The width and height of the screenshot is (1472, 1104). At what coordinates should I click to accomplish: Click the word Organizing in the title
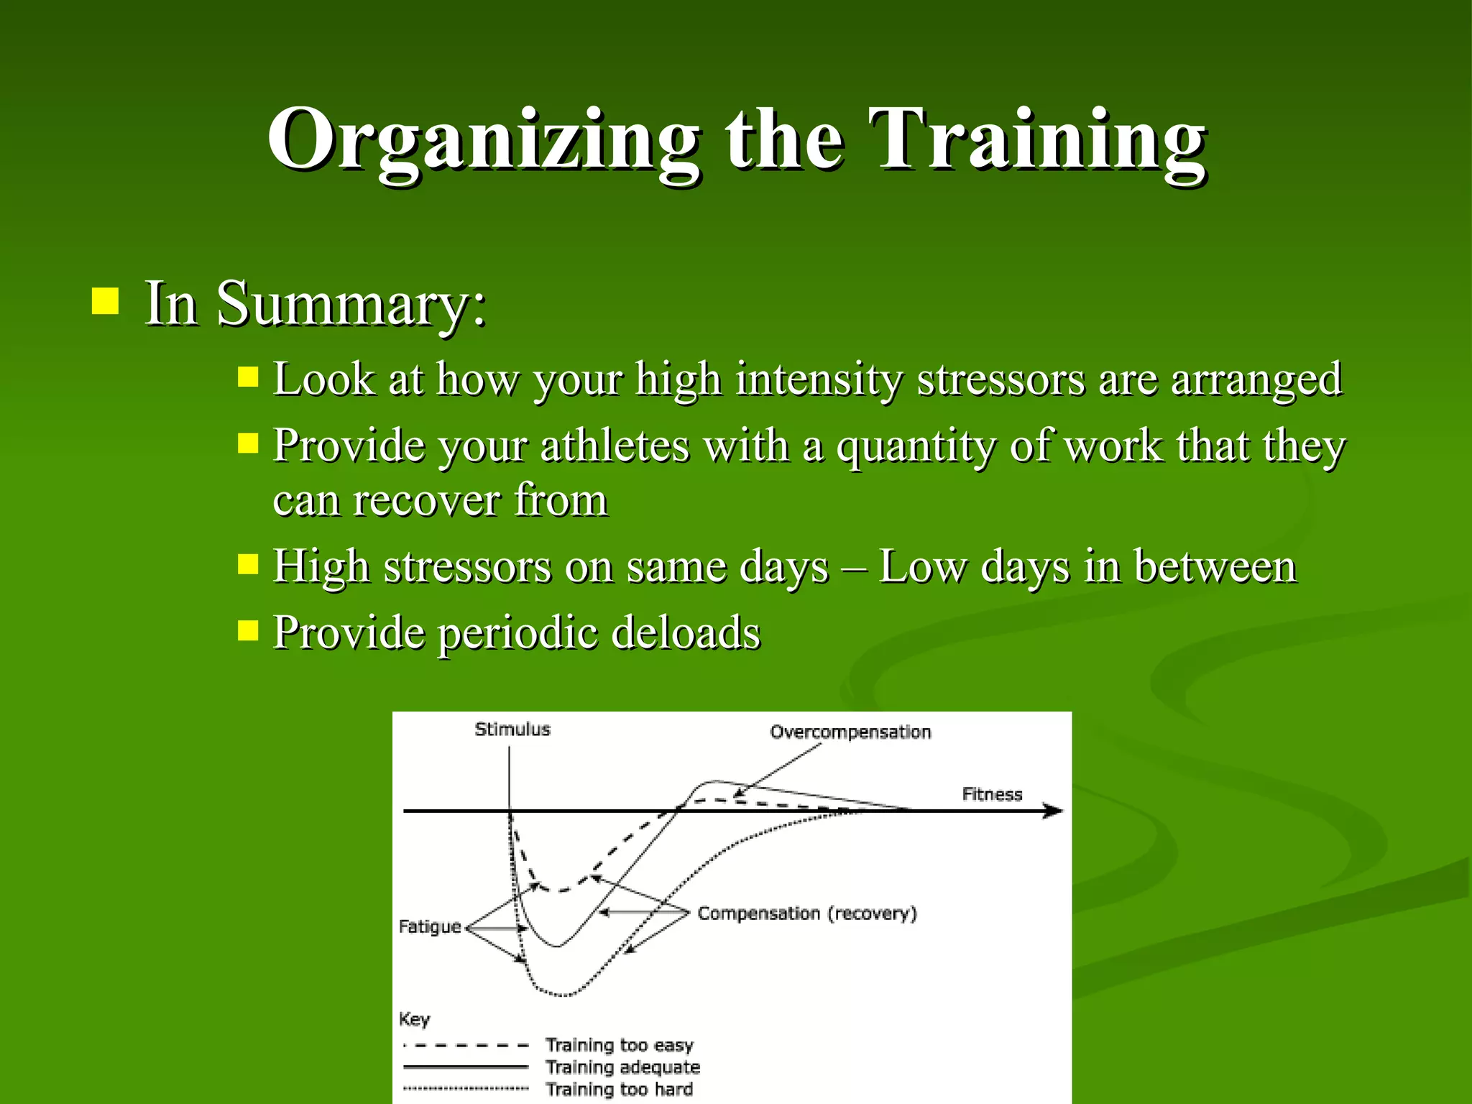click(483, 140)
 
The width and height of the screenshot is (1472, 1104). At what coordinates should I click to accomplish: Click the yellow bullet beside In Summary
click(105, 302)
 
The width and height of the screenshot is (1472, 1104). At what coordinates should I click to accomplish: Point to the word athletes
click(615, 446)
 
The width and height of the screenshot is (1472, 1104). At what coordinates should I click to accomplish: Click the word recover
click(426, 501)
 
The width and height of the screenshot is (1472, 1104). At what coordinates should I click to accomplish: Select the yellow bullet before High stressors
click(248, 564)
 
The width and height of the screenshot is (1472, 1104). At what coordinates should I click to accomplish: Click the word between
click(1215, 567)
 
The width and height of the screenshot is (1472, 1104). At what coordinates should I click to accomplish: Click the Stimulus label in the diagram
click(512, 730)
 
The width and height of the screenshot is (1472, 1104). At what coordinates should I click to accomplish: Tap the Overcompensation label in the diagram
click(850, 732)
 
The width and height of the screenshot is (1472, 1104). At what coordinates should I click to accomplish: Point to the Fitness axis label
click(992, 794)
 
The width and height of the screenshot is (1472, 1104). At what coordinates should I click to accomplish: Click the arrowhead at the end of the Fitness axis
click(1054, 811)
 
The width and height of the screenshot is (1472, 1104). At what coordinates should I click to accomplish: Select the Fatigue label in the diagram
click(429, 927)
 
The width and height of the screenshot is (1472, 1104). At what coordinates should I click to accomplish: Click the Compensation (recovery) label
click(807, 914)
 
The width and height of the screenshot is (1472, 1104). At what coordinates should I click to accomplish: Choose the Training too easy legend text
click(619, 1045)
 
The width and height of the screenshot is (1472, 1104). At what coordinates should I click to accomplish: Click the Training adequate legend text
click(622, 1067)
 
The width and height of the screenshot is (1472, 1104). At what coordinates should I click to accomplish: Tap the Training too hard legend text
click(619, 1090)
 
